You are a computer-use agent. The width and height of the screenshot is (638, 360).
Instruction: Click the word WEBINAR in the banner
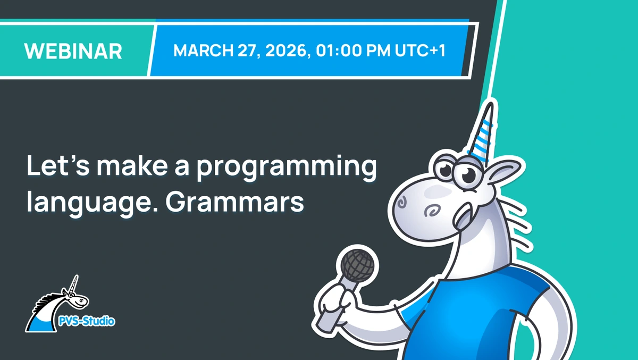click(x=73, y=51)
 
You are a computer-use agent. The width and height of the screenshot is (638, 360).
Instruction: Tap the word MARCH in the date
click(x=203, y=51)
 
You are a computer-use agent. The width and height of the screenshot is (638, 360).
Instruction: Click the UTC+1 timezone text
click(x=420, y=51)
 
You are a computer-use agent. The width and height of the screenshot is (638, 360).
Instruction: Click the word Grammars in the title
click(x=234, y=202)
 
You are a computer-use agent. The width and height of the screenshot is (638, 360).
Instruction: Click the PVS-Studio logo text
click(x=87, y=321)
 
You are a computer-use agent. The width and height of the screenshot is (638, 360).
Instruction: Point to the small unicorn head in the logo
click(x=75, y=299)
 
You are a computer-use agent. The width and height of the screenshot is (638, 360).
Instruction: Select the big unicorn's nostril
click(x=402, y=203)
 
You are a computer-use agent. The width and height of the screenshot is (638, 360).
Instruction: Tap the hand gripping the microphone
click(x=336, y=303)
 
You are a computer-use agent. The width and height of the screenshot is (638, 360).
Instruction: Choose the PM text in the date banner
click(x=377, y=51)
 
